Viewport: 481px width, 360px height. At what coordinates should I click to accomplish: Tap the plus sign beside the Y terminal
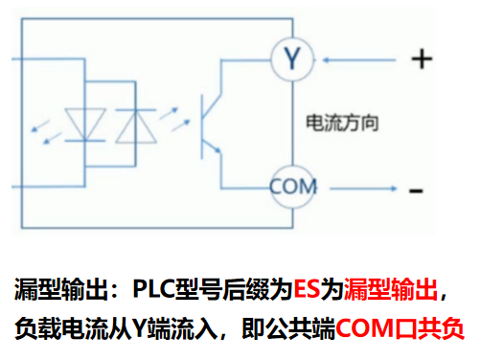pyautogui.click(x=421, y=59)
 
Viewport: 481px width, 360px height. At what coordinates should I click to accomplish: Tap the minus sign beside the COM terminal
pyautogui.click(x=417, y=191)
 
